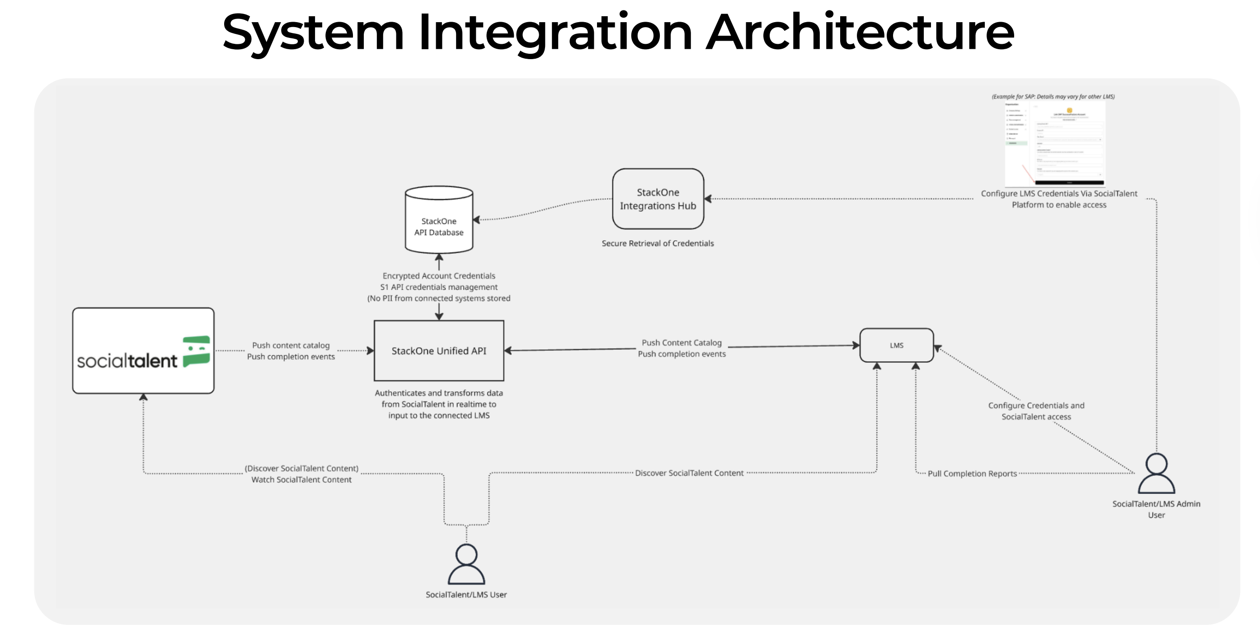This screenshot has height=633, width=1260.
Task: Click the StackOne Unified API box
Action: click(439, 350)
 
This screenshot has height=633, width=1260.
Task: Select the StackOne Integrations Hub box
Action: click(658, 199)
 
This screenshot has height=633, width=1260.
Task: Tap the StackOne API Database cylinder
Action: click(439, 220)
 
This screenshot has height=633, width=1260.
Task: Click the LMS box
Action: click(897, 345)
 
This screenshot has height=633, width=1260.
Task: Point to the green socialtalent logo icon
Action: click(197, 351)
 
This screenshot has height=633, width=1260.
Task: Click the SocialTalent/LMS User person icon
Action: click(466, 564)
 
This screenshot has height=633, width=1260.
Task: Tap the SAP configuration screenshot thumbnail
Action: click(1055, 144)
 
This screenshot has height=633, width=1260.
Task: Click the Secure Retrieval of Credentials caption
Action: click(658, 243)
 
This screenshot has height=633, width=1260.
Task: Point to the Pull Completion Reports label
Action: click(972, 474)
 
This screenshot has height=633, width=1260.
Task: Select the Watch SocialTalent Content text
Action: click(301, 480)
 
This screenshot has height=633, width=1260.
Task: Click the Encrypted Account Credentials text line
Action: click(439, 276)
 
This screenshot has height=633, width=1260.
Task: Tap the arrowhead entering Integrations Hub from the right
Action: click(708, 199)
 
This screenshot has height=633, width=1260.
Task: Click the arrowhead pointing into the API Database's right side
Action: click(476, 220)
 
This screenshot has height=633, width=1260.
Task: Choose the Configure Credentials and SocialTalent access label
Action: click(1036, 411)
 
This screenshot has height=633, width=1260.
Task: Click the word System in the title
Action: click(313, 32)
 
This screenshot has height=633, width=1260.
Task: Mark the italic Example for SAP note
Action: click(1053, 97)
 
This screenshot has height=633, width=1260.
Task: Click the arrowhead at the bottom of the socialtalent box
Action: click(143, 397)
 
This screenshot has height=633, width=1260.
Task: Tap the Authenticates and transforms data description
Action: click(439, 404)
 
